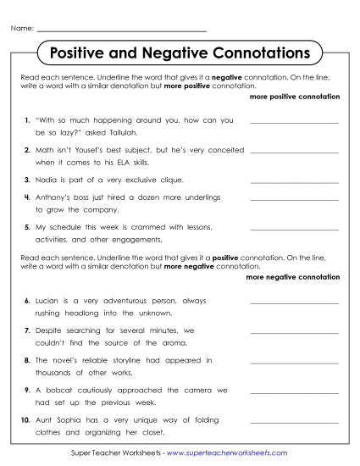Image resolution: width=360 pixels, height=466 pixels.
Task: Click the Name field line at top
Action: coord(122,30)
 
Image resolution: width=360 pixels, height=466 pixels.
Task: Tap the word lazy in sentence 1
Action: coord(68,133)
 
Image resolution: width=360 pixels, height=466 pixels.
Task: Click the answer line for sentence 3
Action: coord(294,182)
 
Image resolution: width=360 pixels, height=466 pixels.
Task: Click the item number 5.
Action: coord(28,227)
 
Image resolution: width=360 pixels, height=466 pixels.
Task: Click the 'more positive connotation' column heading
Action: coord(295,97)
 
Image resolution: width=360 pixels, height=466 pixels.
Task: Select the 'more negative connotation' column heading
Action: coord(292,277)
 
